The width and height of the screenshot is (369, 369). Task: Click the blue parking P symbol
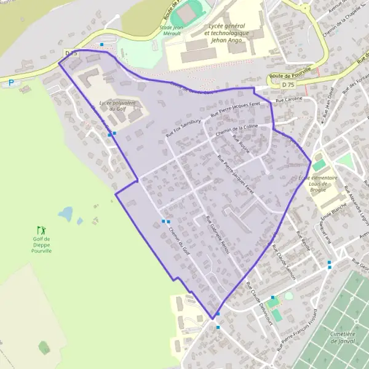10,82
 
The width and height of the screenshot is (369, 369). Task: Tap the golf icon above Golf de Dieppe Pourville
41,229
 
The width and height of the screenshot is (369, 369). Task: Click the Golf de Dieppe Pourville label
42,245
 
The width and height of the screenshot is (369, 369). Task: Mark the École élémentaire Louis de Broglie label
319,182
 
